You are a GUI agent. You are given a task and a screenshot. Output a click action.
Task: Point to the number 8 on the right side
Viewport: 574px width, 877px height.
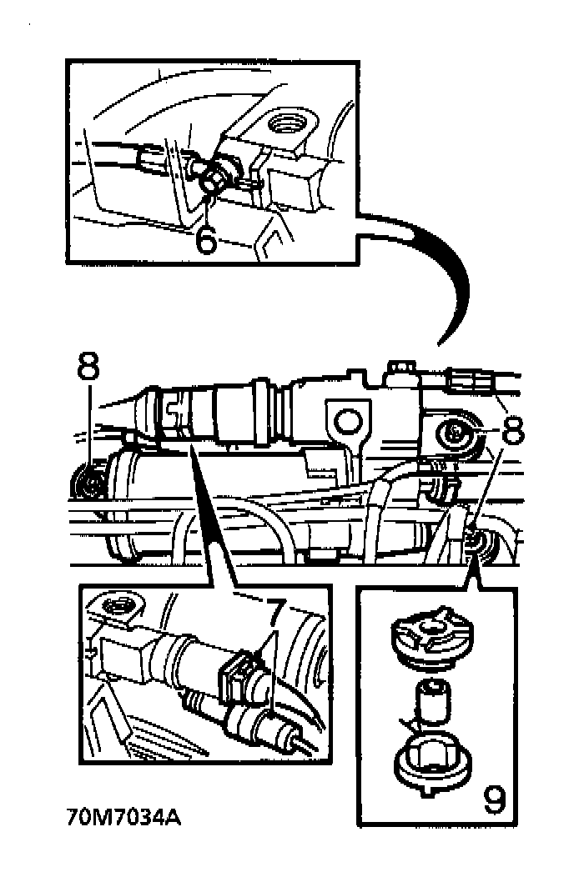point(514,429)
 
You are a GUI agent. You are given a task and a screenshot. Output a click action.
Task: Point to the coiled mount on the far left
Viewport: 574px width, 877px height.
point(87,483)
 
